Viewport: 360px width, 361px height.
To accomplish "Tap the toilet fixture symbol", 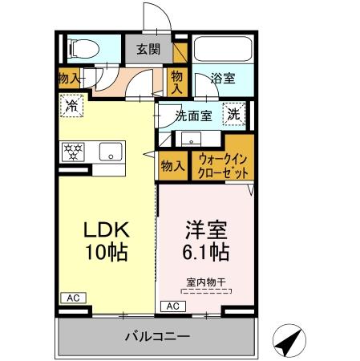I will [81, 49].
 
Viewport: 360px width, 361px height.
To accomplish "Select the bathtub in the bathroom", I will [222, 49].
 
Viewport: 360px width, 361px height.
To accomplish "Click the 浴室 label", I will [222, 79].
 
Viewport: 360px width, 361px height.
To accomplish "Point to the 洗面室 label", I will [192, 116].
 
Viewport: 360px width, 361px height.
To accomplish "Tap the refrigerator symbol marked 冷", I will [73, 104].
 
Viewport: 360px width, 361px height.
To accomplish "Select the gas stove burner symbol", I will [73, 150].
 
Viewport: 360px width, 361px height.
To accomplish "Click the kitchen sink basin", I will [108, 150].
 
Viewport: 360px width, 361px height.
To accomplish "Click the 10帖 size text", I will [107, 250].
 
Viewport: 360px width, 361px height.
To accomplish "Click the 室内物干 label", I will [201, 282].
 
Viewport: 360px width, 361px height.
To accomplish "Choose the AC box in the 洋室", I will [172, 306].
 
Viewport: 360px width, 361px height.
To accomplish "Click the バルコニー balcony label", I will [156, 336].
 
